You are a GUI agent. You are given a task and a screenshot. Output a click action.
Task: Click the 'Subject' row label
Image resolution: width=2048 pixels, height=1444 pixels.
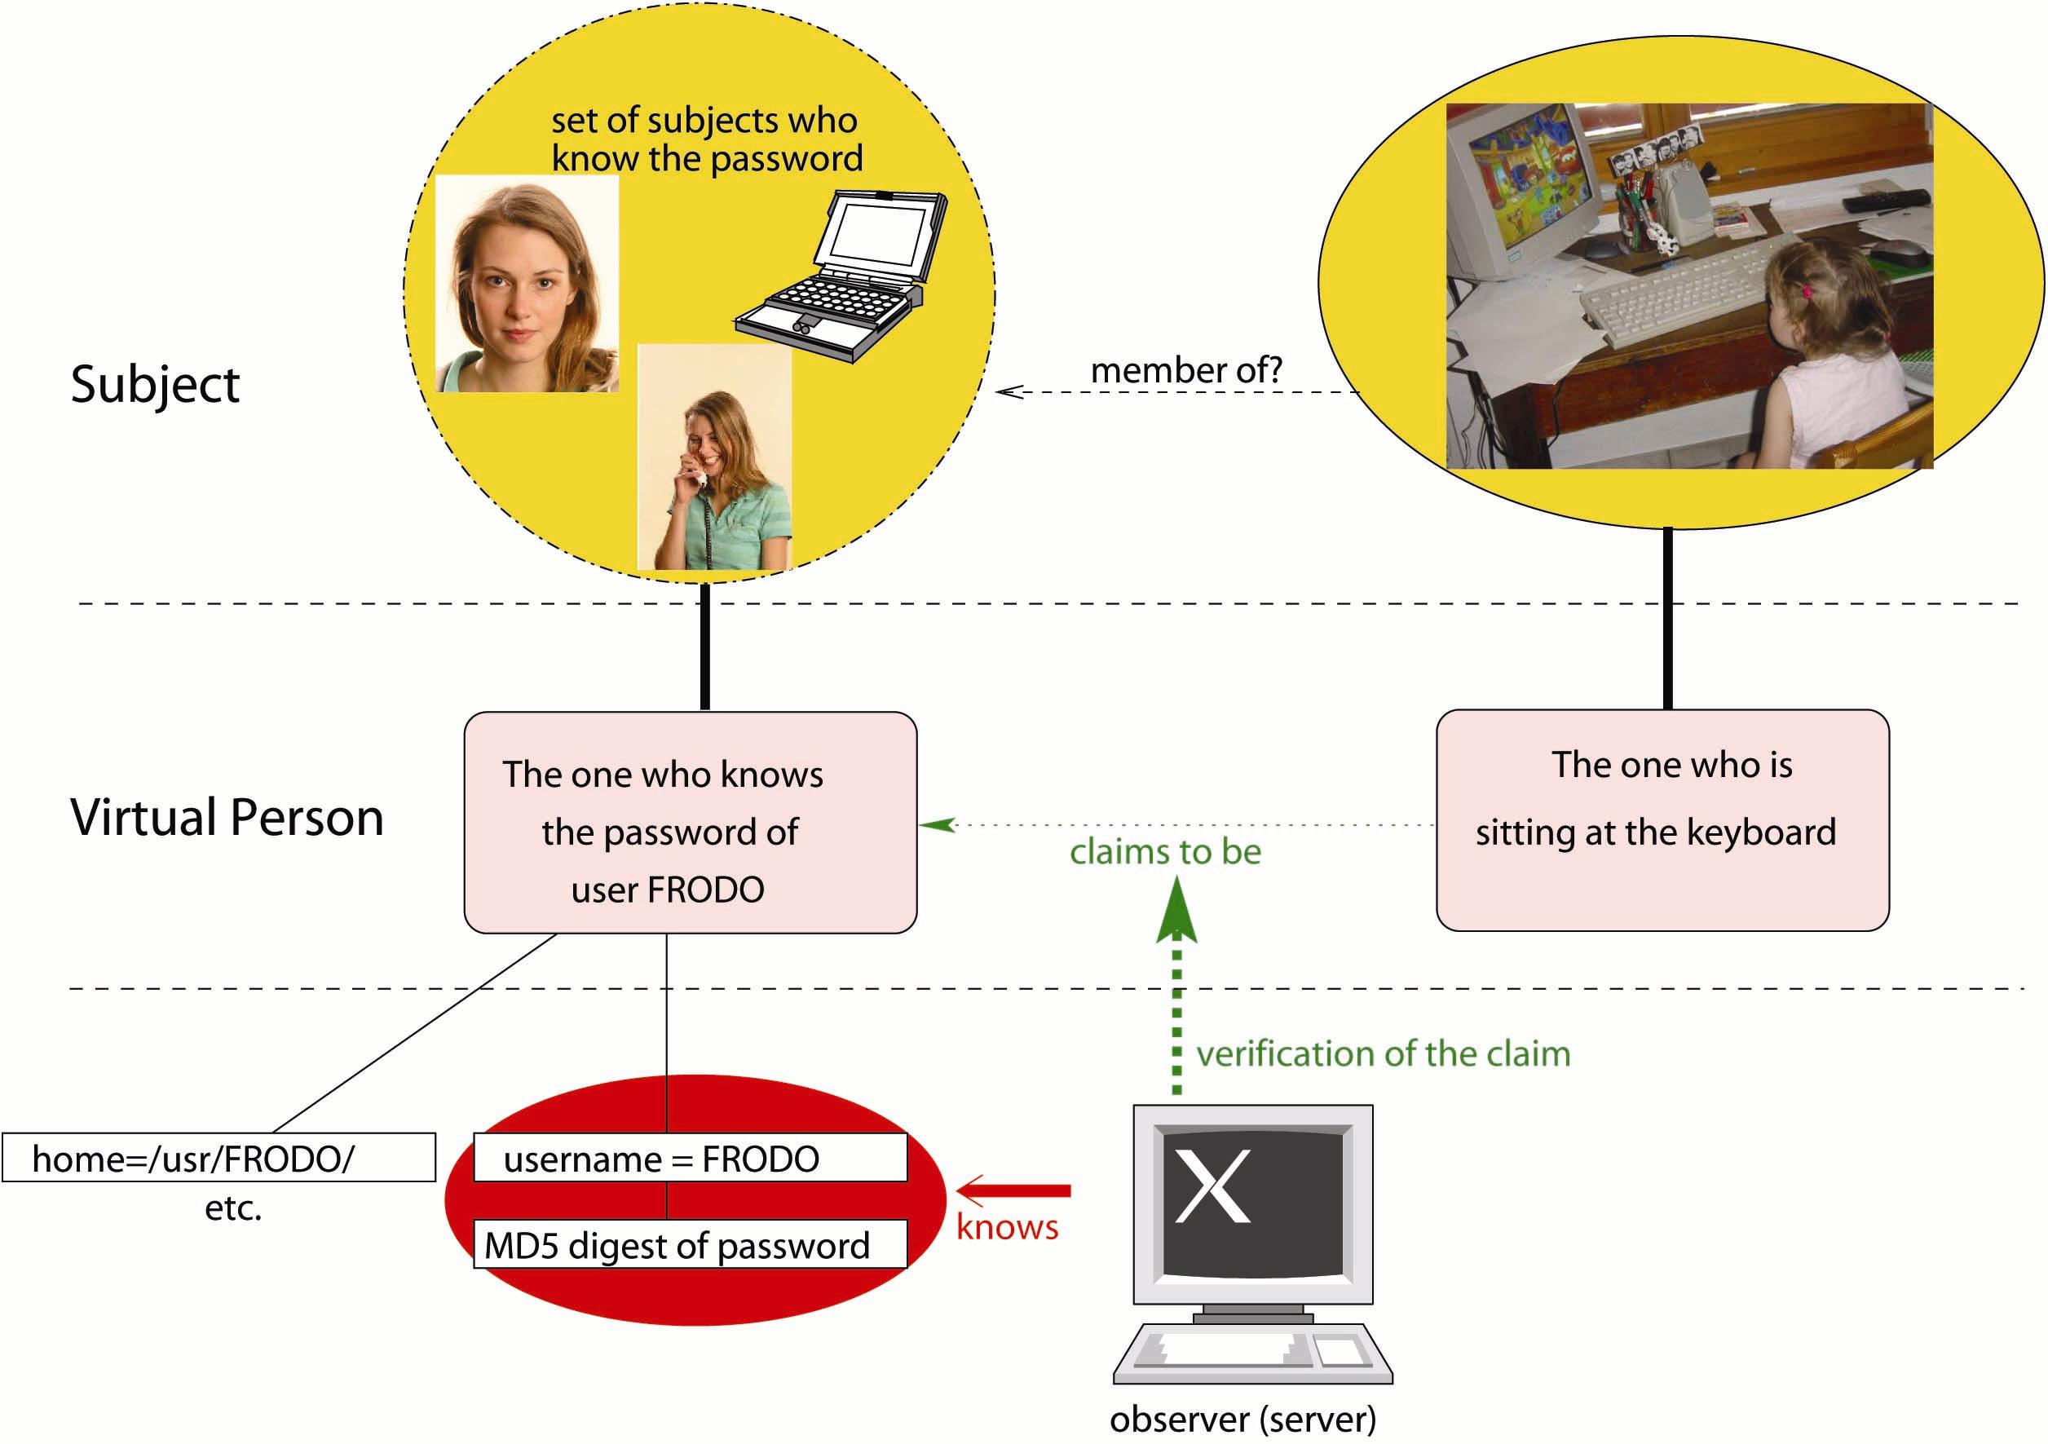tap(155, 384)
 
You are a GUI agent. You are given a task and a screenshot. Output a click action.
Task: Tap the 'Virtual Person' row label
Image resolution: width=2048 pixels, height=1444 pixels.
tap(227, 817)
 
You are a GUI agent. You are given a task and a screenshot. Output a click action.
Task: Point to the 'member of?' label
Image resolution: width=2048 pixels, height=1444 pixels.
tap(1185, 370)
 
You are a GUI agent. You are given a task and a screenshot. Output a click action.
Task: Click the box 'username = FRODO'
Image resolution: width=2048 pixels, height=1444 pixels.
tap(690, 1159)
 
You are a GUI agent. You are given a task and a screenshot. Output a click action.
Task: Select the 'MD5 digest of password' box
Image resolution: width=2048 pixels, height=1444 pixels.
tap(690, 1245)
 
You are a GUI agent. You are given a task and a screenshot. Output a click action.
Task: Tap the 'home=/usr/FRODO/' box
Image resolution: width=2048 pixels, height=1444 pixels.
tap(218, 1159)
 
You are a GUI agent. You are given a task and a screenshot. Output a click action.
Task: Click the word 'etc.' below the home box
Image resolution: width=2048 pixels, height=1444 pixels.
tap(233, 1208)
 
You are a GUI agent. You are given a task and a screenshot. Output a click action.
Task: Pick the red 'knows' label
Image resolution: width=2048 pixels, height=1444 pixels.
tap(1007, 1228)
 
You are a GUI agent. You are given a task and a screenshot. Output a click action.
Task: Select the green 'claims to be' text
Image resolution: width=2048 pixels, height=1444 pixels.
tap(1165, 852)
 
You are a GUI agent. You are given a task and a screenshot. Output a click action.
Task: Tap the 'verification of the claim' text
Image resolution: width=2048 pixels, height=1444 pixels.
tap(1383, 1054)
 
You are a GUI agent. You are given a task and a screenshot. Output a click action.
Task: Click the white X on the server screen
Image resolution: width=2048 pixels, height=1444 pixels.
tap(1212, 1186)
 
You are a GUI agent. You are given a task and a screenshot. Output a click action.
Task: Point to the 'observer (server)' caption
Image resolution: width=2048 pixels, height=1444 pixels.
tap(1242, 1419)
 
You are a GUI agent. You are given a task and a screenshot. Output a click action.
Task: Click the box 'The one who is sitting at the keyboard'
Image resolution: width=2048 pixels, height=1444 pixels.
tap(1662, 820)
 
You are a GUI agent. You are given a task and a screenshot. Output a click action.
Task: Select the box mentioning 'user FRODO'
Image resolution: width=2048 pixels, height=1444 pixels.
tap(690, 823)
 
